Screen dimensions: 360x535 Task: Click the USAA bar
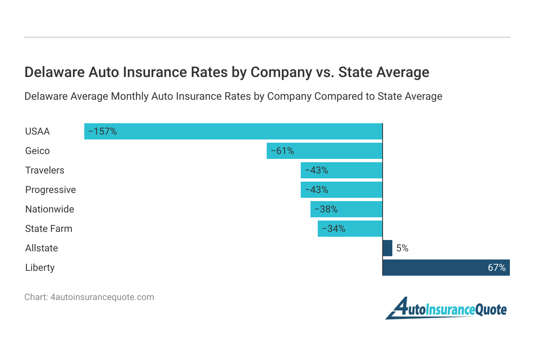pyautogui.click(x=233, y=131)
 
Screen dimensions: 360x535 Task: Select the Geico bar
pyautogui.click(x=324, y=151)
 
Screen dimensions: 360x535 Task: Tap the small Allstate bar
pyautogui.click(x=387, y=248)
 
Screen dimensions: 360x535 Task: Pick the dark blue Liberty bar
pyautogui.click(x=446, y=268)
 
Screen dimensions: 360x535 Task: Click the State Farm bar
pyautogui.click(x=350, y=229)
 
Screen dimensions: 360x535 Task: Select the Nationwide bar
pyautogui.click(x=347, y=209)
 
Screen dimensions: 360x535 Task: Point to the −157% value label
pyautogui.click(x=103, y=131)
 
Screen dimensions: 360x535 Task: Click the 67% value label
pyautogui.click(x=496, y=268)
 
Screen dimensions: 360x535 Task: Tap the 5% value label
pyautogui.click(x=402, y=248)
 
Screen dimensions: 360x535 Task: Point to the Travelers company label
pyautogui.click(x=45, y=170)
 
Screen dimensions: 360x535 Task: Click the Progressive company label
pyautogui.click(x=50, y=190)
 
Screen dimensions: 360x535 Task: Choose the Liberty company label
pyautogui.click(x=40, y=268)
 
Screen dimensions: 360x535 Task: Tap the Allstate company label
pyautogui.click(x=41, y=248)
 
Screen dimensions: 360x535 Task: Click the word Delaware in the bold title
pyautogui.click(x=52, y=72)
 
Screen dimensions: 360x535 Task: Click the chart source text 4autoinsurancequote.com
pyautogui.click(x=102, y=297)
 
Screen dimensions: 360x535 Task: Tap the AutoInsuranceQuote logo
pyautogui.click(x=446, y=309)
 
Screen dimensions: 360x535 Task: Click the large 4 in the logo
pyautogui.click(x=399, y=308)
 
